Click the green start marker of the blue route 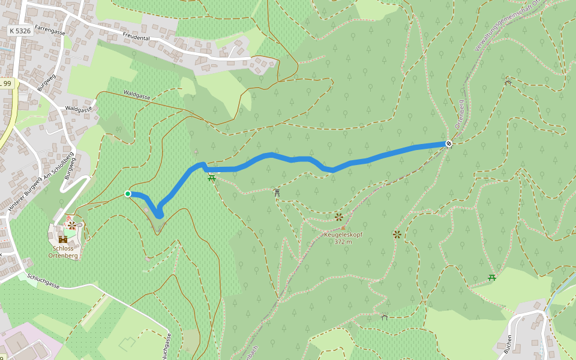128,193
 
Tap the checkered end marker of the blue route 448,143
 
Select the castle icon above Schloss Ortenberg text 62,239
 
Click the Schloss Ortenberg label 63,251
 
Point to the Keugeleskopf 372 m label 343,238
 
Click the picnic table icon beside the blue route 211,178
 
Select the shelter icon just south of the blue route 277,192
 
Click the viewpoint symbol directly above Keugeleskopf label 339,217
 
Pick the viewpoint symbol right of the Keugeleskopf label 397,234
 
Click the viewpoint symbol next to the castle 72,225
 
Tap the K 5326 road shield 20,30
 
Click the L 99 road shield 6,84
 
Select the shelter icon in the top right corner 508,82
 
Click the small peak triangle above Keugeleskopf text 343,228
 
